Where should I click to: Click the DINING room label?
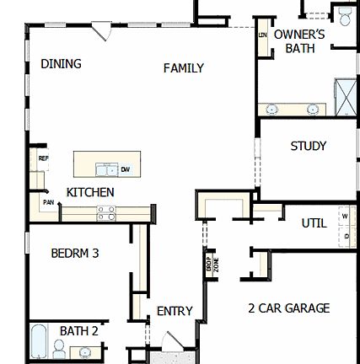[x=62, y=64]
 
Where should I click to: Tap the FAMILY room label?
[x=184, y=68]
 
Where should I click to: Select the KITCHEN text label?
[x=90, y=192]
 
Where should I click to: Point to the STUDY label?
[x=309, y=146]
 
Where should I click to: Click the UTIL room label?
[x=314, y=223]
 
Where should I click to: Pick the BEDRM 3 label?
[x=75, y=253]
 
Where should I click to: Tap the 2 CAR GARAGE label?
[x=289, y=308]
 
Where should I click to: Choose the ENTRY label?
[x=175, y=311]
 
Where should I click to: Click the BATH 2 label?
[x=78, y=331]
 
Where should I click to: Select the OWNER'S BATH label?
[x=299, y=42]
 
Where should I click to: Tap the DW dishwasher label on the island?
[x=126, y=169]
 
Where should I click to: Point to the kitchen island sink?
[x=106, y=169]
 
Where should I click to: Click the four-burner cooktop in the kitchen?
[x=106, y=215]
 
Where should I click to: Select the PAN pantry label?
[x=48, y=203]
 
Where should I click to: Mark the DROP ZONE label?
[x=211, y=263]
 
